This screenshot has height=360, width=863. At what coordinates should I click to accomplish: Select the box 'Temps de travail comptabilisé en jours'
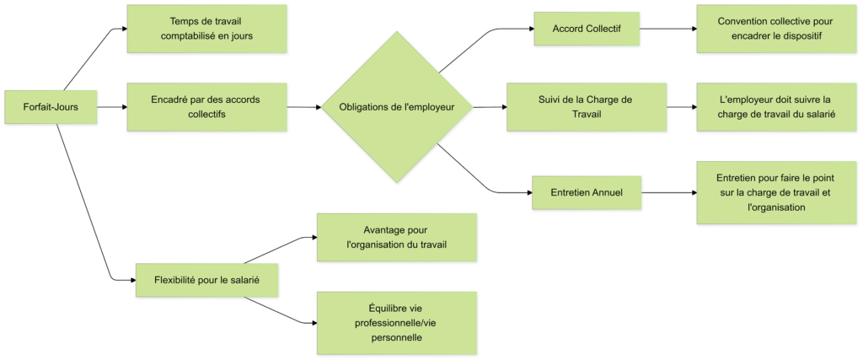206,29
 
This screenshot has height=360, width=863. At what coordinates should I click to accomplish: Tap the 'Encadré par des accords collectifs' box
206,107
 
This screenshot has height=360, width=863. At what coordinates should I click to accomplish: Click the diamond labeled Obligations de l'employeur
396,107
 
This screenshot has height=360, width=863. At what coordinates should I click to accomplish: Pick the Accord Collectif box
586,29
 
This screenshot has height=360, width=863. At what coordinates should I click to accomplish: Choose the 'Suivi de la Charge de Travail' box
586,107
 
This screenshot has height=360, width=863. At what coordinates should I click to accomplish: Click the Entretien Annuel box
587,193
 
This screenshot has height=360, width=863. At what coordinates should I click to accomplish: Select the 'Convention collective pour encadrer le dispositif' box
776,29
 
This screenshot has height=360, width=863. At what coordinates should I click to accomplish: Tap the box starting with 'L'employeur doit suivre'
776,107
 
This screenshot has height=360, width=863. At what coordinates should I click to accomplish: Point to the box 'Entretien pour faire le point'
776,193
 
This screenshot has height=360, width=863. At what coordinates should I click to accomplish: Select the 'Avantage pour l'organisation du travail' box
396,237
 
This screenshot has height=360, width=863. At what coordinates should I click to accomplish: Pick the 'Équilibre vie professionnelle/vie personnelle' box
396,322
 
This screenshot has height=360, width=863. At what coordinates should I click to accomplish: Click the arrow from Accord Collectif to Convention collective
668,29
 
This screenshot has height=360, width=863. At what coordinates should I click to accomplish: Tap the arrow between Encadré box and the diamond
303,107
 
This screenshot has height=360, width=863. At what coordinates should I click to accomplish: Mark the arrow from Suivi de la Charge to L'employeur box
681,107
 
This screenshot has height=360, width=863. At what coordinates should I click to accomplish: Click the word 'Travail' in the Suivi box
586,115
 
